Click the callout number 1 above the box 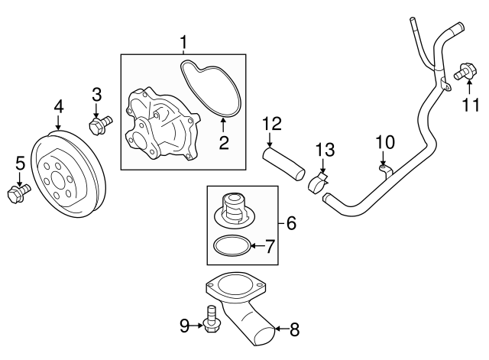tap(183, 41)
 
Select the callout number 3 tap(97, 94)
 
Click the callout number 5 tap(20, 162)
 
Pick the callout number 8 tap(294, 330)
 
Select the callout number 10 tap(384, 141)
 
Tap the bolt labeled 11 tap(463, 73)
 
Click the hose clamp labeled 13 tap(319, 183)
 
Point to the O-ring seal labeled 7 tap(230, 246)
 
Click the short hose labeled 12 tap(283, 163)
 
